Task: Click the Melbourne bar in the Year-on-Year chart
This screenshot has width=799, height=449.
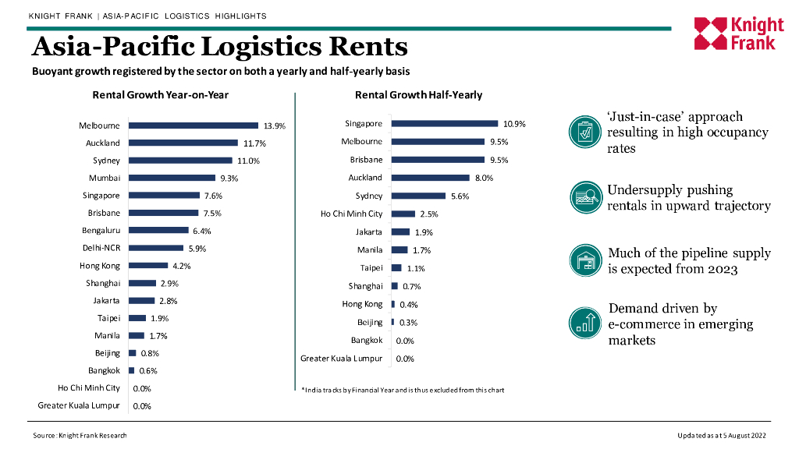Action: point(193,126)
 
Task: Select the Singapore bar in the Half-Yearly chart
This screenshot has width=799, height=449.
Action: point(444,123)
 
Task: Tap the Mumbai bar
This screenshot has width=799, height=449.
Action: point(172,178)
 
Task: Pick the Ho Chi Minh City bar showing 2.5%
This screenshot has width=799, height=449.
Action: point(403,214)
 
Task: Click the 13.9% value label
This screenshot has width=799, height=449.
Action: point(275,126)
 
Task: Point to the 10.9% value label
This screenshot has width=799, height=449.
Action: point(514,124)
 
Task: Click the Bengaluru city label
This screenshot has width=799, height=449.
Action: point(101,231)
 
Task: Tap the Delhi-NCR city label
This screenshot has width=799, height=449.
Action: point(101,248)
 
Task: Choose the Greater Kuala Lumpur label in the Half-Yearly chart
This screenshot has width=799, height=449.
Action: point(341,359)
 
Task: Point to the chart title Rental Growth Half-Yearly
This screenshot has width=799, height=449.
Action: point(418,95)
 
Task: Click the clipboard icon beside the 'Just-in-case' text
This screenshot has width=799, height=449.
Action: point(583,130)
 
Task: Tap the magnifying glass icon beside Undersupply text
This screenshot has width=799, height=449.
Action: point(583,196)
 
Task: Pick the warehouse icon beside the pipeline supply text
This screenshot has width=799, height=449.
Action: point(583,260)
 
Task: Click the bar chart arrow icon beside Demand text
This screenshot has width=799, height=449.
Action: point(583,323)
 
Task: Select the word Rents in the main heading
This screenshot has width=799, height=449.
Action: point(368,47)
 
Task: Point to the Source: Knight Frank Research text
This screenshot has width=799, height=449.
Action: point(80,435)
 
